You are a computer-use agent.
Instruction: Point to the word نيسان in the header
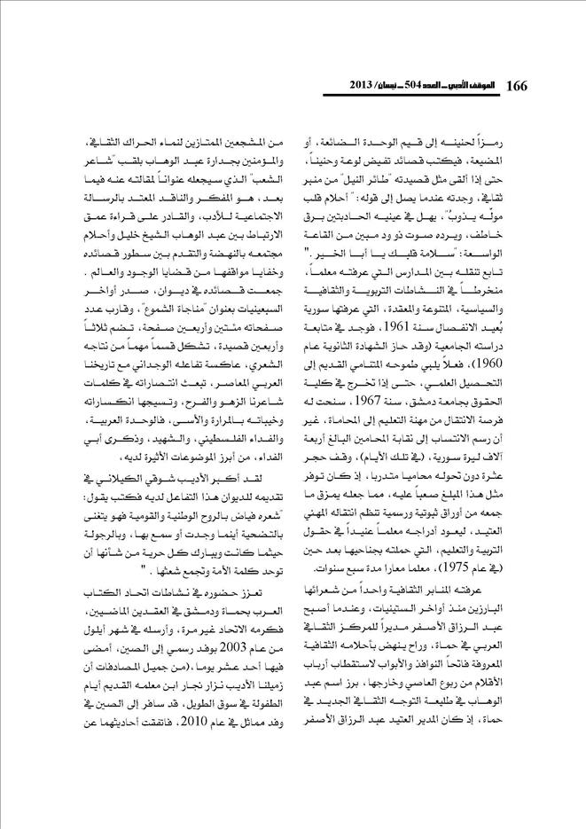[370, 86]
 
